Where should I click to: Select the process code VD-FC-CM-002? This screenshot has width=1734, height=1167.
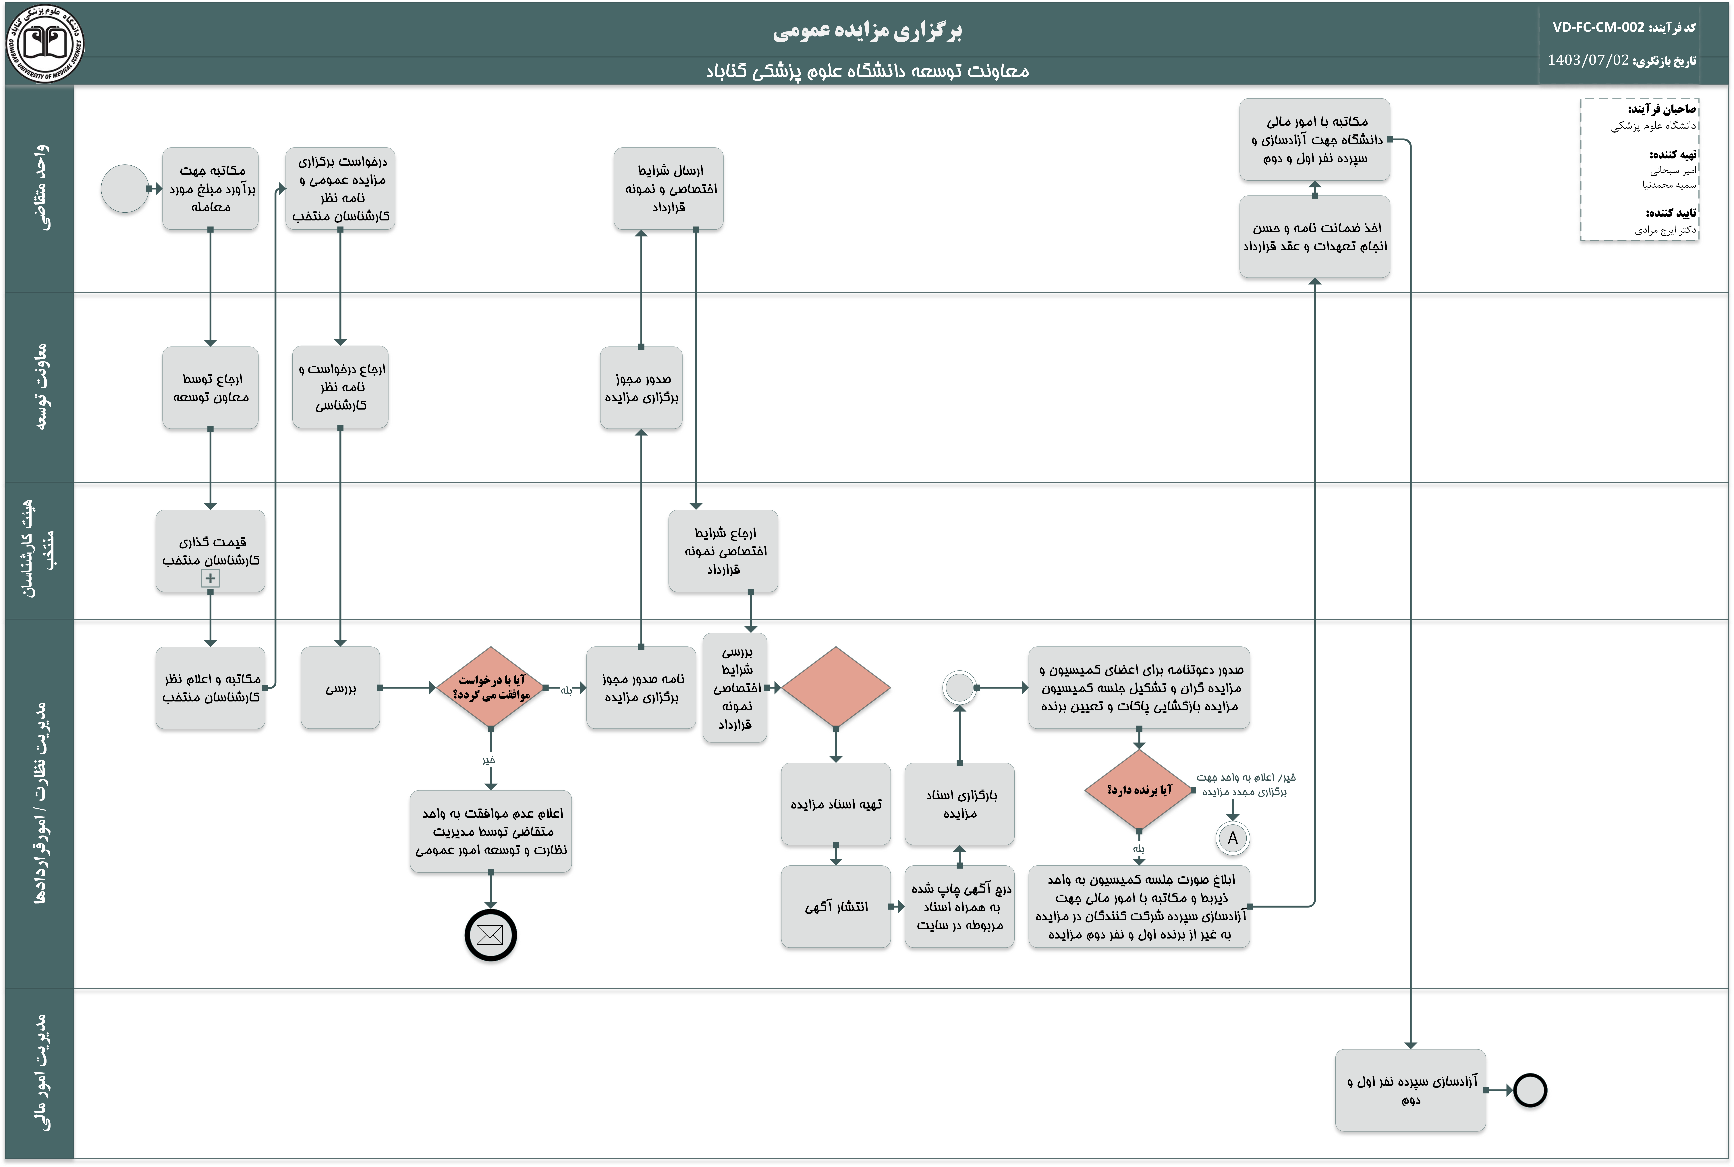point(1598,28)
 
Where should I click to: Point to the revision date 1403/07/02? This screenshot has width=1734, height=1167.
point(1588,60)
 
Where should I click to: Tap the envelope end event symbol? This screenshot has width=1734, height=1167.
point(491,935)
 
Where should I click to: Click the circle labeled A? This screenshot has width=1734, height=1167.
point(1233,838)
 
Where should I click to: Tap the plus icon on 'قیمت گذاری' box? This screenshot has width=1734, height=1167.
point(211,578)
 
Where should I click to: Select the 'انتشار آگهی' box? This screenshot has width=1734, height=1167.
point(836,906)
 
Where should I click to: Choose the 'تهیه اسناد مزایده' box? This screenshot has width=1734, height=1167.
point(836,804)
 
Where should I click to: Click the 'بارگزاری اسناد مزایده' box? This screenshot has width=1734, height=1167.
point(960,804)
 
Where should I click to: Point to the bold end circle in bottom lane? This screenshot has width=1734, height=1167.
point(1530,1090)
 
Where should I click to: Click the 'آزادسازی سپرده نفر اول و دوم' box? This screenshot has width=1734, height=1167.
point(1411,1090)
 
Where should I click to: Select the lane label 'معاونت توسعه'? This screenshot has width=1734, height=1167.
point(43,387)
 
